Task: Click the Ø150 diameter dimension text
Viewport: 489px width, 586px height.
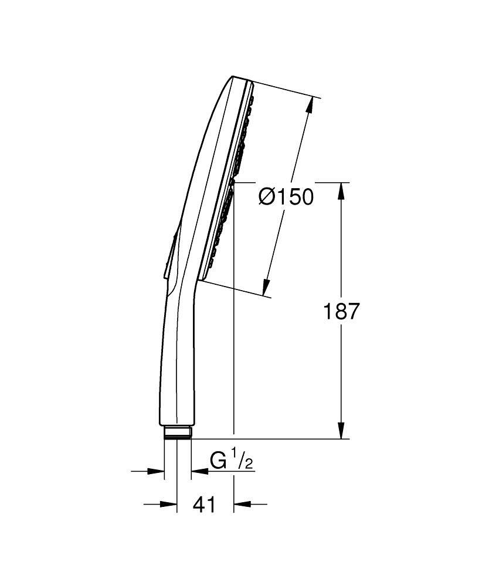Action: (x=286, y=197)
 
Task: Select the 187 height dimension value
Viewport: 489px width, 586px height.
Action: (x=341, y=311)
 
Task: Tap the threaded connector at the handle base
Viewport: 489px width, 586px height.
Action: (x=177, y=432)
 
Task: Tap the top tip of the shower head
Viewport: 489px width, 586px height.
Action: (x=233, y=77)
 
